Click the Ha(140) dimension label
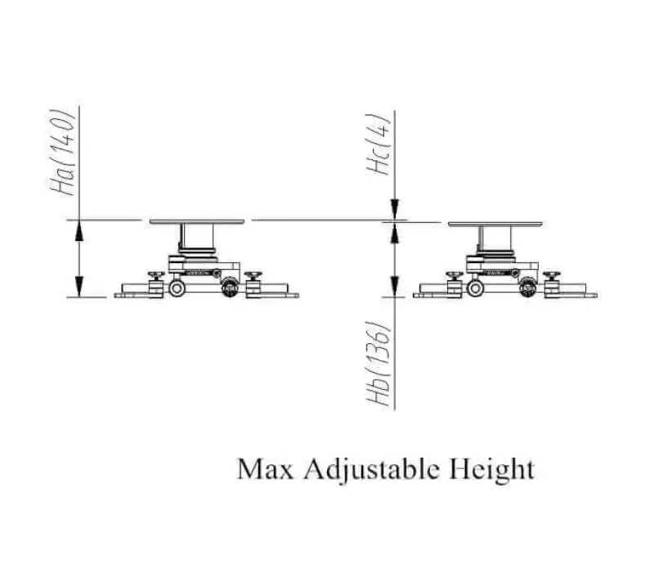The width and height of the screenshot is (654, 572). [62, 153]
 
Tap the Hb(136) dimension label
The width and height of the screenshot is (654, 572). [379, 364]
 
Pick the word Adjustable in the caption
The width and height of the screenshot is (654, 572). [371, 471]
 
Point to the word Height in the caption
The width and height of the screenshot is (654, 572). [492, 471]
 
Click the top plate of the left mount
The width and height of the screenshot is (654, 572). [197, 221]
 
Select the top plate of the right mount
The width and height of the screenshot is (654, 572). [495, 224]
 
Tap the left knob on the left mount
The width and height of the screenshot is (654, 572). [156, 275]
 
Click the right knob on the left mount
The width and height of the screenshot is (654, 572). [253, 275]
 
